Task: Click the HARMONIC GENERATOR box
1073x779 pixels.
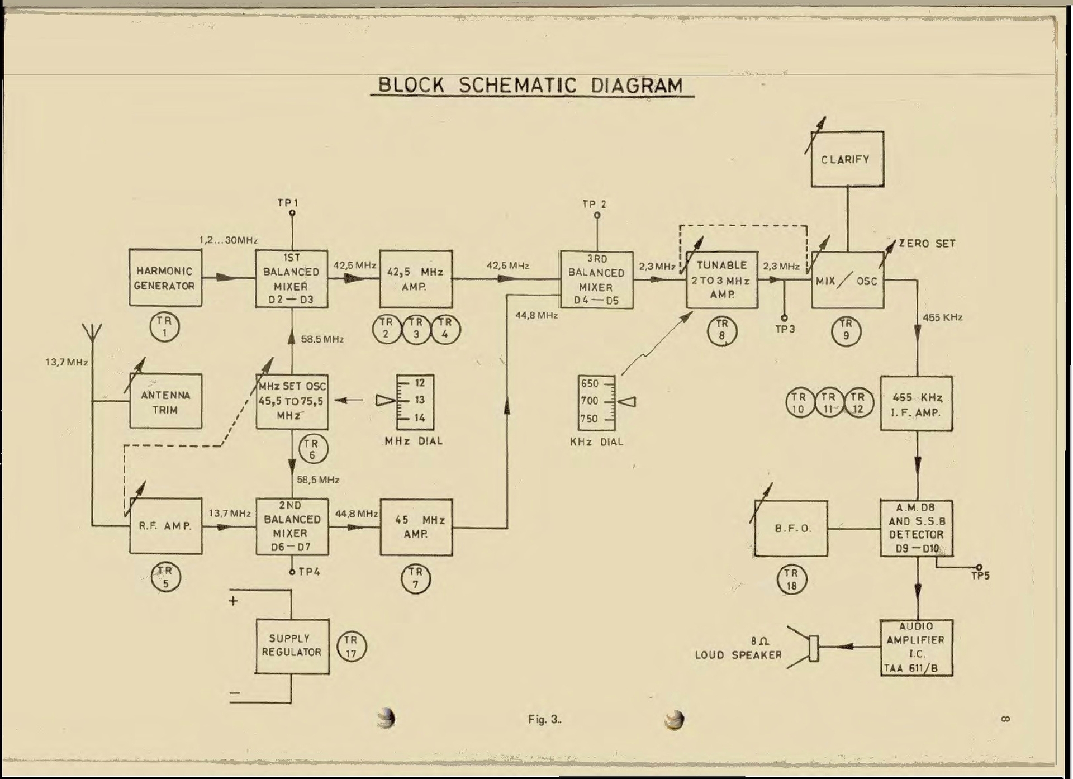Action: (165, 278)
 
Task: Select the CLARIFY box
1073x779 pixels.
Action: (847, 159)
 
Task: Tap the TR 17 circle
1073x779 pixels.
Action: (351, 647)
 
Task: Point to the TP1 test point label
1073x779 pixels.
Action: (288, 203)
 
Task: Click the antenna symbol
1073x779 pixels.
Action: (92, 334)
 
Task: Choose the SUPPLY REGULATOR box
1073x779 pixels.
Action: (292, 646)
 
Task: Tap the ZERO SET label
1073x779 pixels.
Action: (927, 244)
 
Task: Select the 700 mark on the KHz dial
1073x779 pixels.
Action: (590, 401)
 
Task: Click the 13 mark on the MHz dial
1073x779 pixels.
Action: (420, 400)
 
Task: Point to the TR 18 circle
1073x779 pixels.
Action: (791, 579)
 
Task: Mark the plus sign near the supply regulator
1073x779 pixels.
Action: (233, 601)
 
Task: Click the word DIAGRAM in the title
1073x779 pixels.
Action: (637, 85)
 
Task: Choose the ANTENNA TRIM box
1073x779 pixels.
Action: (165, 402)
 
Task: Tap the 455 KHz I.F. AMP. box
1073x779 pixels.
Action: (916, 404)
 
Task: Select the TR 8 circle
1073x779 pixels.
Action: (722, 330)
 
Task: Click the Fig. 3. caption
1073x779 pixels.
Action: (544, 720)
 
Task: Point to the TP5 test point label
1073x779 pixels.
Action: (980, 576)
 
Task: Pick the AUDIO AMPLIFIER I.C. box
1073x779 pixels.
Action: (916, 648)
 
